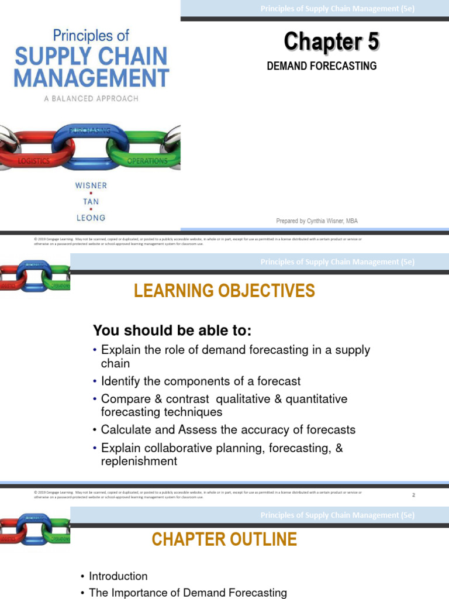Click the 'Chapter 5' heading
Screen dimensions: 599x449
(331, 42)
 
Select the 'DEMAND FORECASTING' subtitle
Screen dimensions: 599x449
(322, 66)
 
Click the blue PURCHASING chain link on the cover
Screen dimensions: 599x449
(90, 143)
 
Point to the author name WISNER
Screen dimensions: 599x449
(91, 185)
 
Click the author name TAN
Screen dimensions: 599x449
(91, 201)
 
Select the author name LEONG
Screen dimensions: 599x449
(91, 218)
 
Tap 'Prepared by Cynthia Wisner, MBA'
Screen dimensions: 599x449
(316, 221)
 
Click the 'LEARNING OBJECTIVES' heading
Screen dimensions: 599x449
(224, 291)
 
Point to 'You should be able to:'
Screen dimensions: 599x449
(172, 331)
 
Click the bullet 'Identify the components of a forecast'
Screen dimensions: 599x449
(201, 381)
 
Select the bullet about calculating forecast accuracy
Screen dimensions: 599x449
(228, 429)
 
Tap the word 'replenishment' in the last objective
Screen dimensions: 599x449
(139, 461)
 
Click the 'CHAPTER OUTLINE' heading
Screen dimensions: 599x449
(224, 539)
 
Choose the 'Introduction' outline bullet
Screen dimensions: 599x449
(118, 576)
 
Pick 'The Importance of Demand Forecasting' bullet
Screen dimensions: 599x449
(188, 593)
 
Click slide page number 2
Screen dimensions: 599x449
(413, 495)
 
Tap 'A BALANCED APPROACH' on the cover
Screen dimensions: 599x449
(91, 99)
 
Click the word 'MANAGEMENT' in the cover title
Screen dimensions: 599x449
(91, 78)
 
